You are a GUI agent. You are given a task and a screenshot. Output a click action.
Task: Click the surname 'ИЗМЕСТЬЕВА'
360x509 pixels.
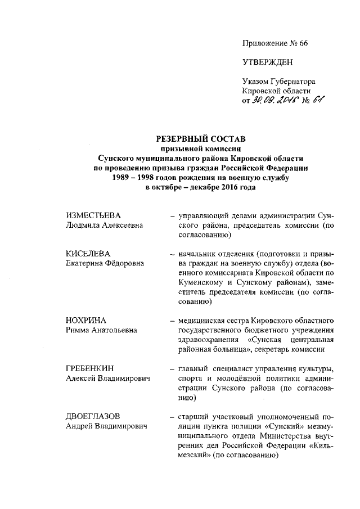[93, 215]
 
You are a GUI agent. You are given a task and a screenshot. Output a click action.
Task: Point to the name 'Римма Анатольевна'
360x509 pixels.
[101, 330]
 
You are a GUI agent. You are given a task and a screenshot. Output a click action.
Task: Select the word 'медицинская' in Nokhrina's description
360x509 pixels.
[200, 321]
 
